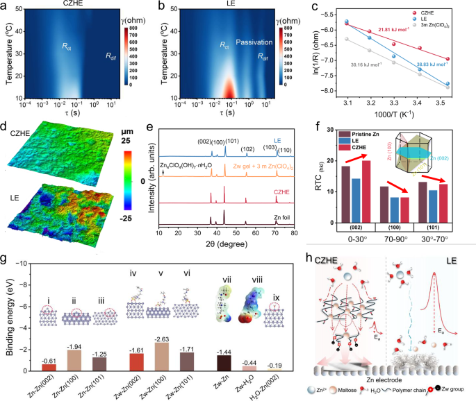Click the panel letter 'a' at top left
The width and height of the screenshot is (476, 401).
click(x=5, y=6)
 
